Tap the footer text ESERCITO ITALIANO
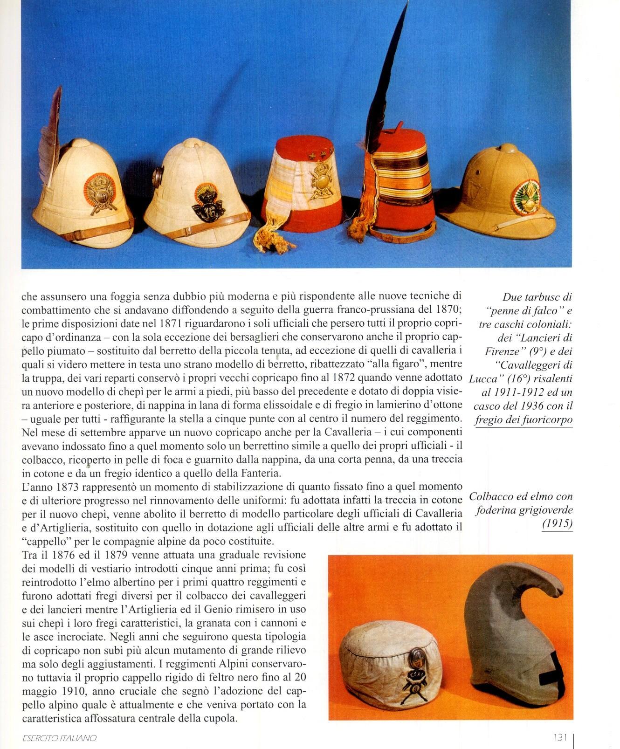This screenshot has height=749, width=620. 59,738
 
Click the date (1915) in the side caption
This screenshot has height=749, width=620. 557,524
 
